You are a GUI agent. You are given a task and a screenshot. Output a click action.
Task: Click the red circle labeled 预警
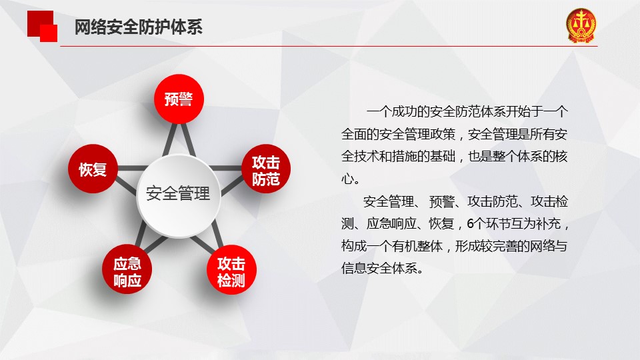[179, 99]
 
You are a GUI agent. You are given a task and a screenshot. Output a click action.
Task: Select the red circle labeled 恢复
[93, 169]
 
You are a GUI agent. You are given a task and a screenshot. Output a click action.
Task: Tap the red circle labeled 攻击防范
[266, 169]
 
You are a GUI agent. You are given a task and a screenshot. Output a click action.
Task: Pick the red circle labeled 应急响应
[127, 269]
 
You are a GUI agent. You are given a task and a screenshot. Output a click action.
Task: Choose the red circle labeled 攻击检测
[231, 269]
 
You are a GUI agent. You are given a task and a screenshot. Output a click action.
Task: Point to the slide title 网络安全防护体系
[139, 27]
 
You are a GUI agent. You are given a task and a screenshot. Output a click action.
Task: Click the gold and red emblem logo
[581, 25]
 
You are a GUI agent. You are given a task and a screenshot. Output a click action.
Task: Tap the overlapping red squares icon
[42, 26]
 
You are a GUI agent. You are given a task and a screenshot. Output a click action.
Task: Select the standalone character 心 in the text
[347, 179]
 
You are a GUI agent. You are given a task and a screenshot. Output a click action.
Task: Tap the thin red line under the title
[329, 46]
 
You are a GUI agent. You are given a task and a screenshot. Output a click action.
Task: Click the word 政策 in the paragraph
[443, 134]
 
